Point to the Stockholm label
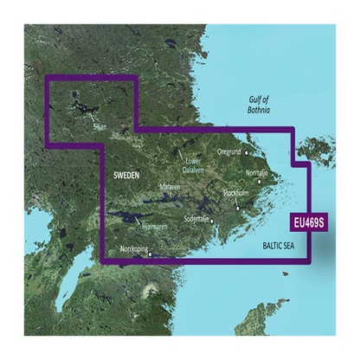click(x=237, y=192)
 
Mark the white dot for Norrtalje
click(x=259, y=182)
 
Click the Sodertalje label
click(x=203, y=219)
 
